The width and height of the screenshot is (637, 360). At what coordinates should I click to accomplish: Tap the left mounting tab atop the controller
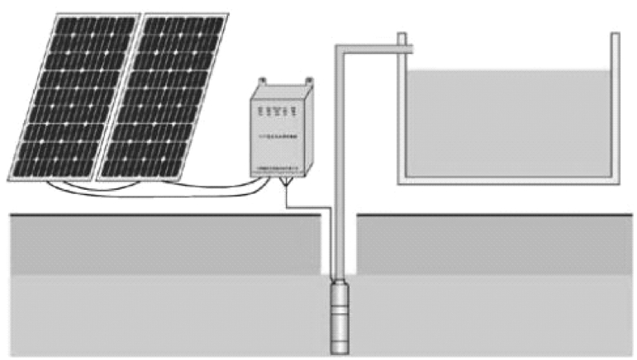point(263,80)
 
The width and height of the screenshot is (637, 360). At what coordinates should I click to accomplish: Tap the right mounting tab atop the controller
point(311,80)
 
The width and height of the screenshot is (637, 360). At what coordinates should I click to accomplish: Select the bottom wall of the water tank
point(507,179)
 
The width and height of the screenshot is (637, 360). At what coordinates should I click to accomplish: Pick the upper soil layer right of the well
point(496,244)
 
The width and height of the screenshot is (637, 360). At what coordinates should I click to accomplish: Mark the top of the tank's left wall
point(402,37)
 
